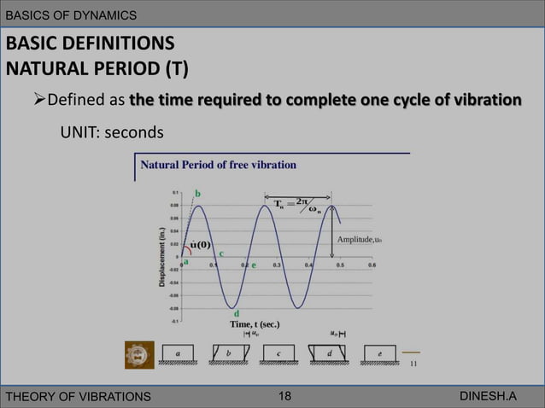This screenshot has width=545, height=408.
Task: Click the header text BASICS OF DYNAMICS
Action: tap(70, 15)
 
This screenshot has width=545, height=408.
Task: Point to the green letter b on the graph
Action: tap(198, 194)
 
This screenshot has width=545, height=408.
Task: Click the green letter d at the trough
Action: tap(236, 312)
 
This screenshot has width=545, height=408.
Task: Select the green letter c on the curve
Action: tap(222, 254)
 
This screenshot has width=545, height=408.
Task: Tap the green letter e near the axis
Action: tap(254, 265)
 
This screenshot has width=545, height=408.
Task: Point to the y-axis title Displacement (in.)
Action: tap(161, 255)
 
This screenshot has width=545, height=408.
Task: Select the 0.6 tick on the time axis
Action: tap(372, 265)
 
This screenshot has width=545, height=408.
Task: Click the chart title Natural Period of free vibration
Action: tap(218, 164)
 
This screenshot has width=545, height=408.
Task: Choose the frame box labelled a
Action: tap(178, 353)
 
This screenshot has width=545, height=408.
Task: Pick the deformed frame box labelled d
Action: tap(330, 353)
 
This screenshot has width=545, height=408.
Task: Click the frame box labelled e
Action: tap(379, 353)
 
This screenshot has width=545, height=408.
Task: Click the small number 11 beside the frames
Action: tap(413, 363)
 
